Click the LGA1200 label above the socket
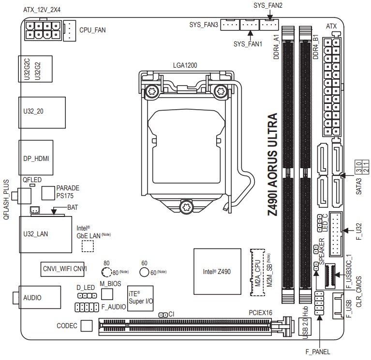point(185,65)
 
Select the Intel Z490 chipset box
point(217,272)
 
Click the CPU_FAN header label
point(92,29)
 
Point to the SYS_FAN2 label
point(268,5)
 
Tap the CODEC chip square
point(87,326)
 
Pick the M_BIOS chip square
point(107,294)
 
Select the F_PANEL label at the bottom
point(317,352)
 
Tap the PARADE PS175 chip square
point(49,192)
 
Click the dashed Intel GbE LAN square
point(87,245)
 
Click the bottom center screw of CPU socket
point(185,207)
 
